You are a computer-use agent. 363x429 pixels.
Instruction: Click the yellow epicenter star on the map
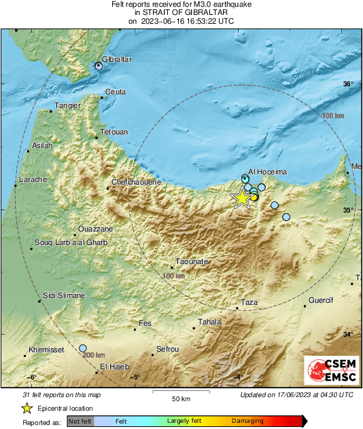[242, 198]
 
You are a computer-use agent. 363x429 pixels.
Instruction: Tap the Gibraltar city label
[116, 60]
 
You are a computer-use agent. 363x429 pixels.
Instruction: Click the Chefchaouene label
[137, 183]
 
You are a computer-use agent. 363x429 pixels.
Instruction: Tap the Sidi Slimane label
[64, 295]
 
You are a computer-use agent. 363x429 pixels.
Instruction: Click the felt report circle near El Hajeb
[83, 348]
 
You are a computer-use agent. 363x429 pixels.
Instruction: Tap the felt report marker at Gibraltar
[99, 66]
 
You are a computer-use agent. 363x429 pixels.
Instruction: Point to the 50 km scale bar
[180, 392]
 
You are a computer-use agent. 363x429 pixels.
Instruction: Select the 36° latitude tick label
[348, 84]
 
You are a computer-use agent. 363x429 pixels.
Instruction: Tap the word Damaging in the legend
[247, 421]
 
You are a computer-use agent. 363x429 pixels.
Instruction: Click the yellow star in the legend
[27, 408]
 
